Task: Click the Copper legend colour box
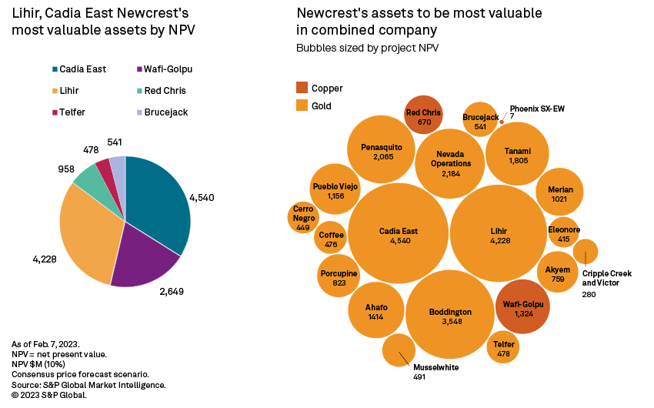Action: pyautogui.click(x=302, y=89)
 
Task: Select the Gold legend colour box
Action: pyautogui.click(x=302, y=105)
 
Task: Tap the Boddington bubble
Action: pyautogui.click(x=449, y=316)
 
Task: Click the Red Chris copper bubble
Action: pyautogui.click(x=423, y=116)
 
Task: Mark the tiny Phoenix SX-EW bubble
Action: pyautogui.click(x=502, y=122)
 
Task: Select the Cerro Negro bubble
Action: pyautogui.click(x=304, y=218)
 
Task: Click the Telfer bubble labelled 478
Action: pyautogui.click(x=503, y=348)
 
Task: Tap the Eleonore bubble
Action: pyautogui.click(x=564, y=232)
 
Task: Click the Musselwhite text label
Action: pyautogui.click(x=436, y=368)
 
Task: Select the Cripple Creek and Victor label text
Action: pyautogui.click(x=606, y=278)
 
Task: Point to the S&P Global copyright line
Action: pyautogui.click(x=49, y=395)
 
